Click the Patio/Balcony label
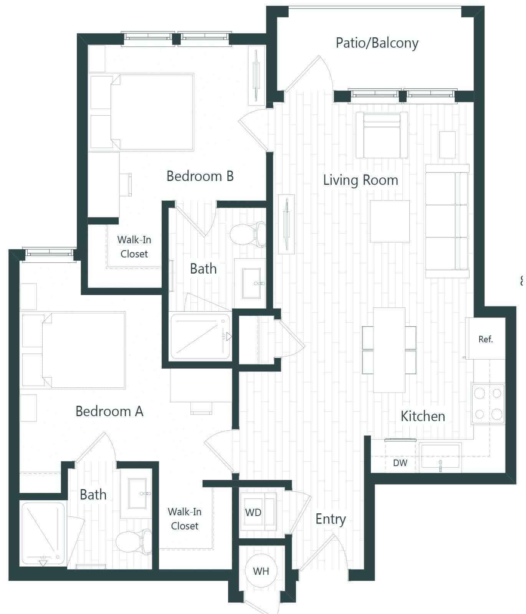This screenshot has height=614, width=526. coord(377,43)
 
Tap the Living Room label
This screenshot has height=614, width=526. coord(360,180)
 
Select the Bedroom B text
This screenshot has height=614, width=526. coord(200,176)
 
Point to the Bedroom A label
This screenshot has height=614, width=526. coord(109,412)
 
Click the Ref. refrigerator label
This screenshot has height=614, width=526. coord(485,339)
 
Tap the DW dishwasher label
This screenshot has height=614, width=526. coord(400,463)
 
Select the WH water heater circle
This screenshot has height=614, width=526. coord(261,571)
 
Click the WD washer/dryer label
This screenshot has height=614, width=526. coord(253,513)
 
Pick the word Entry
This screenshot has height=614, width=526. coord(331,519)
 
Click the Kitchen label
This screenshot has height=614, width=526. coord(423,417)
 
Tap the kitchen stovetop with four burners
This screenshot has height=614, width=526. coord(488,403)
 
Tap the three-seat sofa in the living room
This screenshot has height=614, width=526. coord(447,221)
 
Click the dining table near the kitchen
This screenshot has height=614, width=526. coord(389,350)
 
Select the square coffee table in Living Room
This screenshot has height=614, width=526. coord(389,221)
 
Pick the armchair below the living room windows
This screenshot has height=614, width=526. coord(382,135)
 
